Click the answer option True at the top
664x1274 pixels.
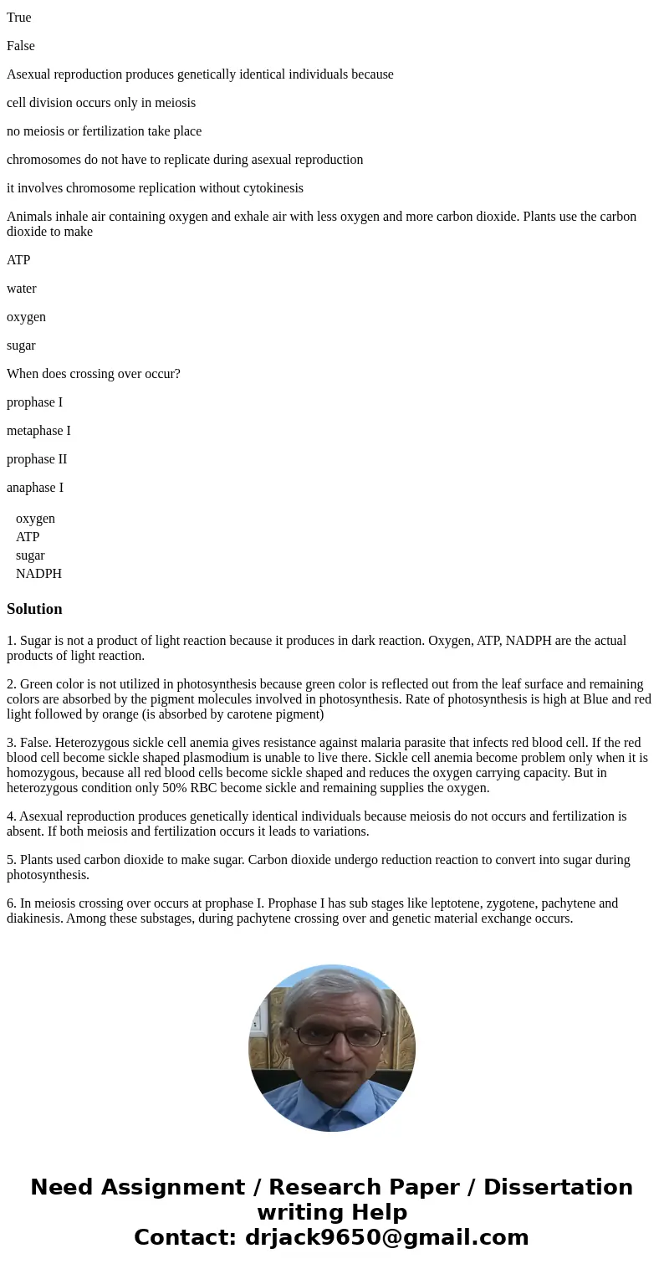click(19, 18)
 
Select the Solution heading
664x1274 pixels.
click(34, 609)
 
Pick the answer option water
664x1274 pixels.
click(22, 289)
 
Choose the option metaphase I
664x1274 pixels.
click(38, 431)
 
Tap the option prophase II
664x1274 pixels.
click(37, 459)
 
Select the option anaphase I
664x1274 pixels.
click(35, 488)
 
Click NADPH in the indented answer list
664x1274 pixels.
click(38, 574)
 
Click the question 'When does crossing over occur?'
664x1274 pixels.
click(94, 374)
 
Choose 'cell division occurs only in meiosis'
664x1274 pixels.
click(101, 103)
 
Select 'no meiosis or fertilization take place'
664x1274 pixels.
click(104, 131)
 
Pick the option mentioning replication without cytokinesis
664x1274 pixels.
click(155, 188)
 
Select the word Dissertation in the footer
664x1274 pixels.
click(558, 1187)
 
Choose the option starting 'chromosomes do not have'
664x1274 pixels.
click(185, 160)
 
